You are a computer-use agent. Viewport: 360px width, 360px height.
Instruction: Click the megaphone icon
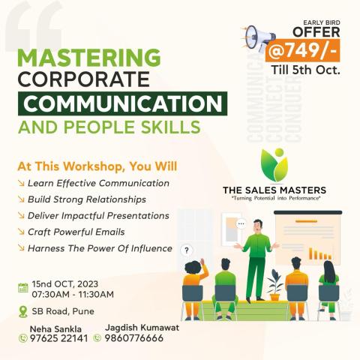coord(259,38)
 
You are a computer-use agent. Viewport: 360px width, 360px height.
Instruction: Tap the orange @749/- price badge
coord(303,50)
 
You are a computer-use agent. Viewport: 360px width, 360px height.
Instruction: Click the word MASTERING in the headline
coord(89,58)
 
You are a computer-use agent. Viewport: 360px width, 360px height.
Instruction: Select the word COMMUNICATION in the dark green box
coord(122,103)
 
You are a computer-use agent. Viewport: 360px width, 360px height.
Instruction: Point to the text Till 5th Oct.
coord(305,70)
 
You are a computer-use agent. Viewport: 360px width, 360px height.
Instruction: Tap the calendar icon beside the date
coord(23,288)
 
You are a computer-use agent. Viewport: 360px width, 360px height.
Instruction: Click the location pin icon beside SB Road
coord(23,311)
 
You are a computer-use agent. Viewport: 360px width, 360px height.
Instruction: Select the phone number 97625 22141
coord(58,338)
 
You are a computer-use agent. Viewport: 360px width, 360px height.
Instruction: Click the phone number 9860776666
coord(134,338)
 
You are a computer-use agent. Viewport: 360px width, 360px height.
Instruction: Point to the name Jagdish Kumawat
coord(142,327)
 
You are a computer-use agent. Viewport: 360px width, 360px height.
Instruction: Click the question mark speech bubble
coord(187,250)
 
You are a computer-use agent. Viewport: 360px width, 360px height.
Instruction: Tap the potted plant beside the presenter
coord(275,285)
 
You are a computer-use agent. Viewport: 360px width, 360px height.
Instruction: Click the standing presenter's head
coord(258,226)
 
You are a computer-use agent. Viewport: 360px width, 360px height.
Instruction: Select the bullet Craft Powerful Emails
coord(76,232)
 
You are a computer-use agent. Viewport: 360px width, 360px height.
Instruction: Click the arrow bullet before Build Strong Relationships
coord(21,199)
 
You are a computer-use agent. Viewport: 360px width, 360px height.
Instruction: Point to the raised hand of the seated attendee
coord(202,262)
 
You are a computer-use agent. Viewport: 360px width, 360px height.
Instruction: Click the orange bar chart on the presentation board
coord(320,253)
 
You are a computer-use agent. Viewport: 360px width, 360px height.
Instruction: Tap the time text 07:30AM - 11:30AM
coord(73,294)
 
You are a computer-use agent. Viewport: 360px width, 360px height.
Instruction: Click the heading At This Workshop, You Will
coord(97,166)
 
